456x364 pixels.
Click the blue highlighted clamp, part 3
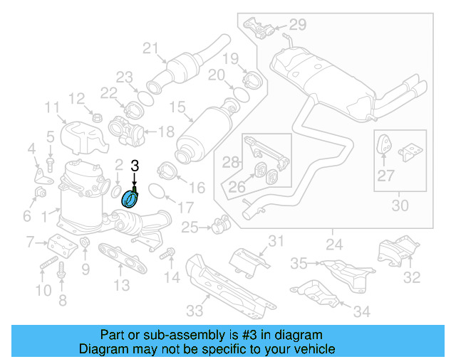[x=130, y=198]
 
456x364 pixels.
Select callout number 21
[x=150, y=48]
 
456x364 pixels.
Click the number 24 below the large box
[x=333, y=246]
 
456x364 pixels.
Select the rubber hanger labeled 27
[x=383, y=146]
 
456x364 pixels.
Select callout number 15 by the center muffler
[x=176, y=109]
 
